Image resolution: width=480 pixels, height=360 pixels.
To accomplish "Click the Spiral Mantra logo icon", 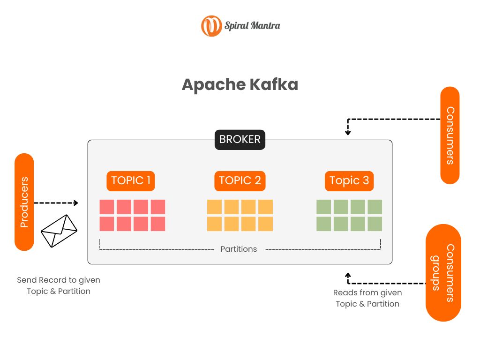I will coord(211,26).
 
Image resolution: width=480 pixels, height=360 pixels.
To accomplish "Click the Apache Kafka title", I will coord(240,85).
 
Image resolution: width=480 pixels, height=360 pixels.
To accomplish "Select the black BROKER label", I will coord(240,140).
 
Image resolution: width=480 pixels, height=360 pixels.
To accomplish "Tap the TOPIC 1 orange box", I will coord(131,181).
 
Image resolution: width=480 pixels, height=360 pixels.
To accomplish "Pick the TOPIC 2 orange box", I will coord(240,181).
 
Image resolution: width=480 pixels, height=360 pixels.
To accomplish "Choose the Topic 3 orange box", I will coord(349,181).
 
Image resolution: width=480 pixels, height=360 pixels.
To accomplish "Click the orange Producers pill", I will coord(24,202).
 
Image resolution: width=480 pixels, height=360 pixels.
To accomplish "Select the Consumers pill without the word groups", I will coord(450,135).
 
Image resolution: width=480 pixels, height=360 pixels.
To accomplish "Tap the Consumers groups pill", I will coord(443,273).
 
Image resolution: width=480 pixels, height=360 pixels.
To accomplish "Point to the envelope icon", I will coord(59,231).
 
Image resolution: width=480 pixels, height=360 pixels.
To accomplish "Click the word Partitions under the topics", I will coord(239,249).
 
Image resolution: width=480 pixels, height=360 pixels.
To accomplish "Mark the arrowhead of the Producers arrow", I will coord(76,203).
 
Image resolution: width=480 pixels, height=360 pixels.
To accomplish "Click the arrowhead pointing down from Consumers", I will coord(348,133).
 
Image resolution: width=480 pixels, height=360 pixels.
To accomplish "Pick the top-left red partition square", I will coord(107,207).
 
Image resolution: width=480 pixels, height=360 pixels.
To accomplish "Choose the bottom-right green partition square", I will coord(375,224).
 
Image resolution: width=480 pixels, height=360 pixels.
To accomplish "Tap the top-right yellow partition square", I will coord(265,207).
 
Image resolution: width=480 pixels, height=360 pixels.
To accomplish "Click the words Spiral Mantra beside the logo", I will coord(252,26).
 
